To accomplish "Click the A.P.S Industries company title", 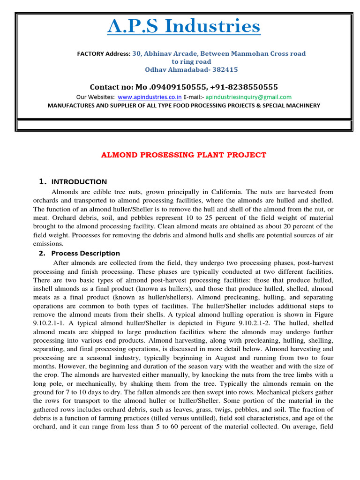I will coord(184,27).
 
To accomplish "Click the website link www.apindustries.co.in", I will coord(150,97).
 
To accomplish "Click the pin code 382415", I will coord(223,69).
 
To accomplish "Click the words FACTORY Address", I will coord(103,54).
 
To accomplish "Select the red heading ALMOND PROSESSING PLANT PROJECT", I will coord(184,155).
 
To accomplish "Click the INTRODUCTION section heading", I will coord(79,182).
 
